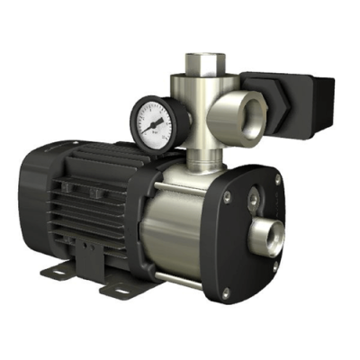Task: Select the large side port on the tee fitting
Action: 246,118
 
